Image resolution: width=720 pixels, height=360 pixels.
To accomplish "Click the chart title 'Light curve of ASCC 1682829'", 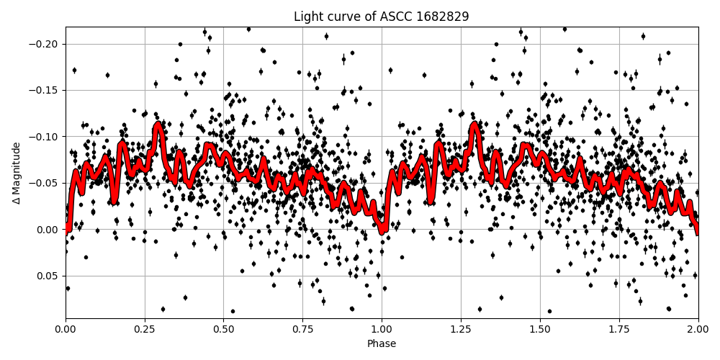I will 382,17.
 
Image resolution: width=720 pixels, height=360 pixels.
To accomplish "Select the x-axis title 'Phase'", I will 382,343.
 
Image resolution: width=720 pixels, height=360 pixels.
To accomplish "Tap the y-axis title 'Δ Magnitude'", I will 16,173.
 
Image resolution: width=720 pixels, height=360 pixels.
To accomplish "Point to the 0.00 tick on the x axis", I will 66,330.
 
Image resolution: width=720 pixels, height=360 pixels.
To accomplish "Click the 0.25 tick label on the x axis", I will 145,330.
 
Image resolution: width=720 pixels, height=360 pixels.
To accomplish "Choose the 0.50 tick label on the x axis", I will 224,330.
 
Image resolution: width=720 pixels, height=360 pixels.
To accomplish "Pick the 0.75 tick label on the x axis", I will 302,330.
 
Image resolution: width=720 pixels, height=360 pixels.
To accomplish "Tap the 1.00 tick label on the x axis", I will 382,330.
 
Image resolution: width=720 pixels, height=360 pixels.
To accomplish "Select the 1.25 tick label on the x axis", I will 461,330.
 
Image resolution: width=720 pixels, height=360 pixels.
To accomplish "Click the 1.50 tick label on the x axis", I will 540,330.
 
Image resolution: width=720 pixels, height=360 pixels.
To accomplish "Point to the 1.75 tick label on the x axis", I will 619,330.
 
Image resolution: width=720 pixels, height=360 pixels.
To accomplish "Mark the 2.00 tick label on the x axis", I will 698,330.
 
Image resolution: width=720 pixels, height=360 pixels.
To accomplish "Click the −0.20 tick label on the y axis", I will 45,44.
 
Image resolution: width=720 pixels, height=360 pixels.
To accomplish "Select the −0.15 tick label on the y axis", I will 45,90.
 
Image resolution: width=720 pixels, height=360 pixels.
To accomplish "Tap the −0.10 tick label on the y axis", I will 45,137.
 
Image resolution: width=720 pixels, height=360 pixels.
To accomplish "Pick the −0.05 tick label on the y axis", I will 45,183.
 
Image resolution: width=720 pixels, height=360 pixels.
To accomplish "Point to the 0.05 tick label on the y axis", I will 48,276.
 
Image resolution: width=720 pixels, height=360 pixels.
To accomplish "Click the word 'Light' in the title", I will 307,17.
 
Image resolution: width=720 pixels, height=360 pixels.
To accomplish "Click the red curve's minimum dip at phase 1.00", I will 382,230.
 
